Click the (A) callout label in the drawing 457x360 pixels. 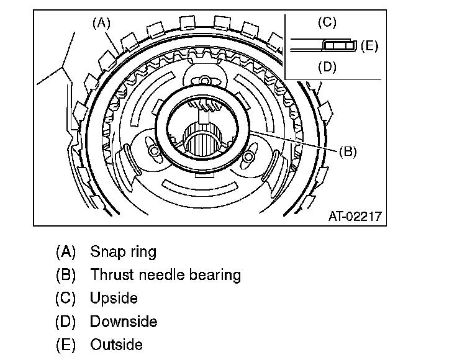coord(101,23)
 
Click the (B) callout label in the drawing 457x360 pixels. coord(348,151)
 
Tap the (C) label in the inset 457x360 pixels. coord(327,23)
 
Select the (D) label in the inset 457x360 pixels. coord(327,67)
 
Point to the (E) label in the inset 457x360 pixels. coord(369,45)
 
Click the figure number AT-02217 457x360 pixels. coord(355,217)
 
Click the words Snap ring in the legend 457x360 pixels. coord(123,252)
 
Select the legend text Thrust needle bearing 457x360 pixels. coord(165,275)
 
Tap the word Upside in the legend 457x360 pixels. coord(114,298)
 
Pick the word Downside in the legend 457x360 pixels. coord(123,322)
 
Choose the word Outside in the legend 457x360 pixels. coord(116,344)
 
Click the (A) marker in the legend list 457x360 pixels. coord(65,252)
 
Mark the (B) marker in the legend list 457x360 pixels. coord(65,275)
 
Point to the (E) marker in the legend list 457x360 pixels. coord(65,344)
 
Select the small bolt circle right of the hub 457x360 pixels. coord(248,156)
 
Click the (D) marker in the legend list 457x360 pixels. coord(65,322)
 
